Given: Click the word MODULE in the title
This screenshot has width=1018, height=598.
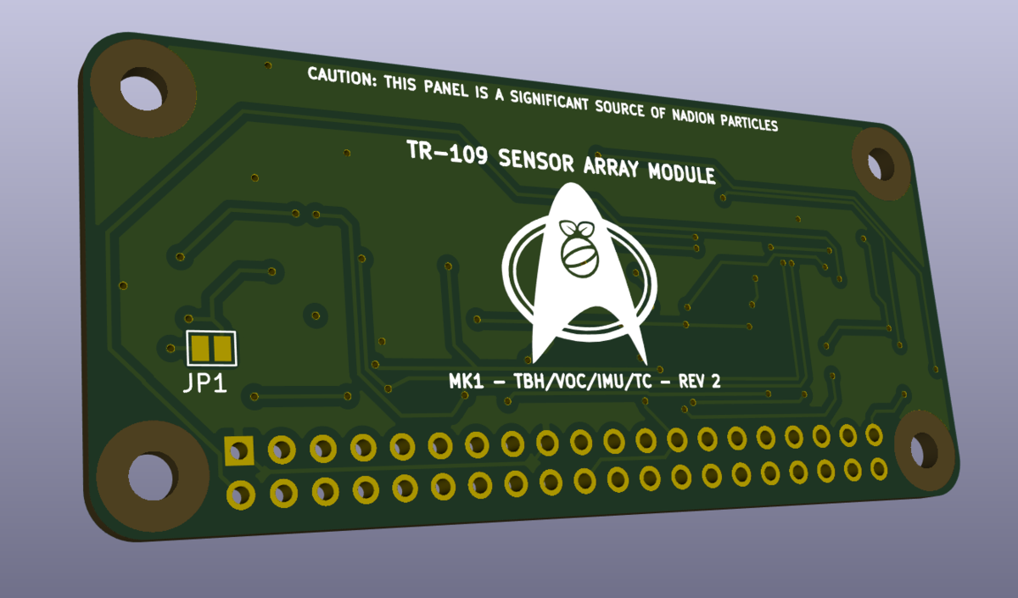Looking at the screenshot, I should click(681, 174).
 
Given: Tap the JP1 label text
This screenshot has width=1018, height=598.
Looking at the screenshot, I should click(205, 384).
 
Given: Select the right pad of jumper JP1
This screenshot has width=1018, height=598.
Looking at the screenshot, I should click(222, 348).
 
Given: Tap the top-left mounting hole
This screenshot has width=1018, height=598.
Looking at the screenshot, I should click(142, 91).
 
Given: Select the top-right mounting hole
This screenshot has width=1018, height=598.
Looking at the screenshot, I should click(880, 162).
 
